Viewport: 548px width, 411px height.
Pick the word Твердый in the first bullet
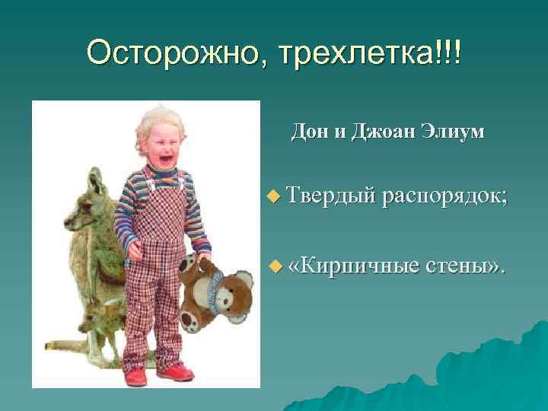pos(333,196)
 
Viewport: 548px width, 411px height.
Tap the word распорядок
pos(445,196)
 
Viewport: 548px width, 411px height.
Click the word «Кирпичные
pos(355,266)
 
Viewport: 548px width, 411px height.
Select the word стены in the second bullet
pos(465,266)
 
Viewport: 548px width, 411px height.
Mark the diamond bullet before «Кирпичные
pos(275,267)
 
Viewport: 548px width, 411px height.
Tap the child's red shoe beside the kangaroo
pos(135,376)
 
